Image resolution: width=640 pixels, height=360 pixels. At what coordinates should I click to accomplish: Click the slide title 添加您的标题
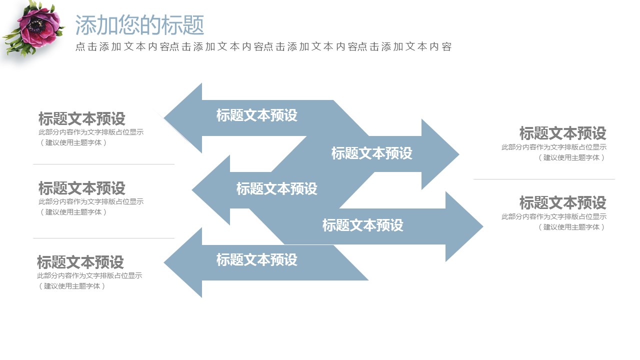[139, 24]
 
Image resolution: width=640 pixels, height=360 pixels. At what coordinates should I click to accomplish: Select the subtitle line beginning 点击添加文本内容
[263, 47]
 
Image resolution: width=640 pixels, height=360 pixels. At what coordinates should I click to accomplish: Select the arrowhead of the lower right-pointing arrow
[463, 226]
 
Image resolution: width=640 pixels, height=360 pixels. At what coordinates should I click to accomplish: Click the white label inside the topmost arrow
[256, 115]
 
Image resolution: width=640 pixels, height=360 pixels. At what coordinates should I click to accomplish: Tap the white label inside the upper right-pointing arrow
[371, 153]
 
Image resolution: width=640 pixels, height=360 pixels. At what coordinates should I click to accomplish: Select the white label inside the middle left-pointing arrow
[276, 189]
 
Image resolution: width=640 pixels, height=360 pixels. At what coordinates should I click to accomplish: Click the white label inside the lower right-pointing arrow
[362, 225]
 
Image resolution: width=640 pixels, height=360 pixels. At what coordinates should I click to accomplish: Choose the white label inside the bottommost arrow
[256, 260]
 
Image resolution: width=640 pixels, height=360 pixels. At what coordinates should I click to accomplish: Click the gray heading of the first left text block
[81, 119]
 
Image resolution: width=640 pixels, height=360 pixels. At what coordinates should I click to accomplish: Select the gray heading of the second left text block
[81, 188]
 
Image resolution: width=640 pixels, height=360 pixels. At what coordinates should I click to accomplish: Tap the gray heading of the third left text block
[80, 262]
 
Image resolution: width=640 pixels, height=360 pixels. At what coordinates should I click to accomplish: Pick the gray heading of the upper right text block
[562, 133]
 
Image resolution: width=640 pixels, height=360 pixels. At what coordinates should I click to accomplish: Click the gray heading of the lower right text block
[562, 203]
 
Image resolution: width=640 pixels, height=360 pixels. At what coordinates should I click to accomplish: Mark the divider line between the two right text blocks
[544, 179]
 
